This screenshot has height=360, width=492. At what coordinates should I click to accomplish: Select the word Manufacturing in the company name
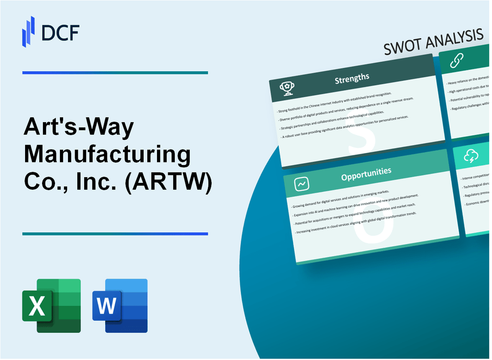(107, 155)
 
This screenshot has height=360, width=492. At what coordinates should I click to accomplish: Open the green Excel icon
(51, 305)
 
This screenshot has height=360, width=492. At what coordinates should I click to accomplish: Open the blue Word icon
(120, 305)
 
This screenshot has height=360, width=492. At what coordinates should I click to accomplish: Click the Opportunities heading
(366, 172)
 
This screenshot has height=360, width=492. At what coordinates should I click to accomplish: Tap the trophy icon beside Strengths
(286, 89)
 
